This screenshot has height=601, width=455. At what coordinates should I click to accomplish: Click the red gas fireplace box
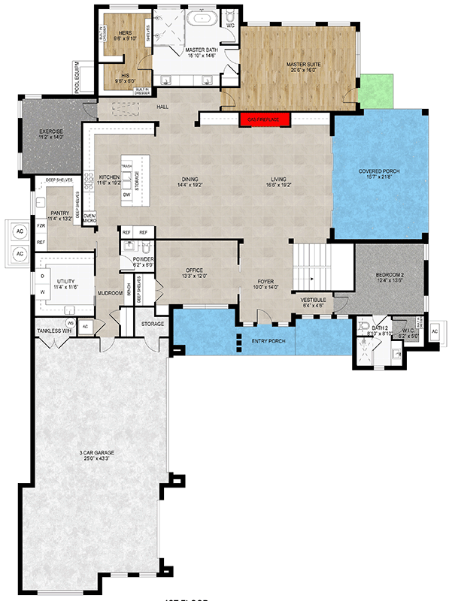click(x=265, y=119)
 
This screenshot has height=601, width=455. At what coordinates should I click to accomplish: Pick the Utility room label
click(x=64, y=283)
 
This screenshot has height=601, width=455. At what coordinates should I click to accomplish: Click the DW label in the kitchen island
click(x=126, y=195)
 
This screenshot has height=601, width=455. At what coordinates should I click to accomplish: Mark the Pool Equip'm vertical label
click(x=77, y=82)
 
